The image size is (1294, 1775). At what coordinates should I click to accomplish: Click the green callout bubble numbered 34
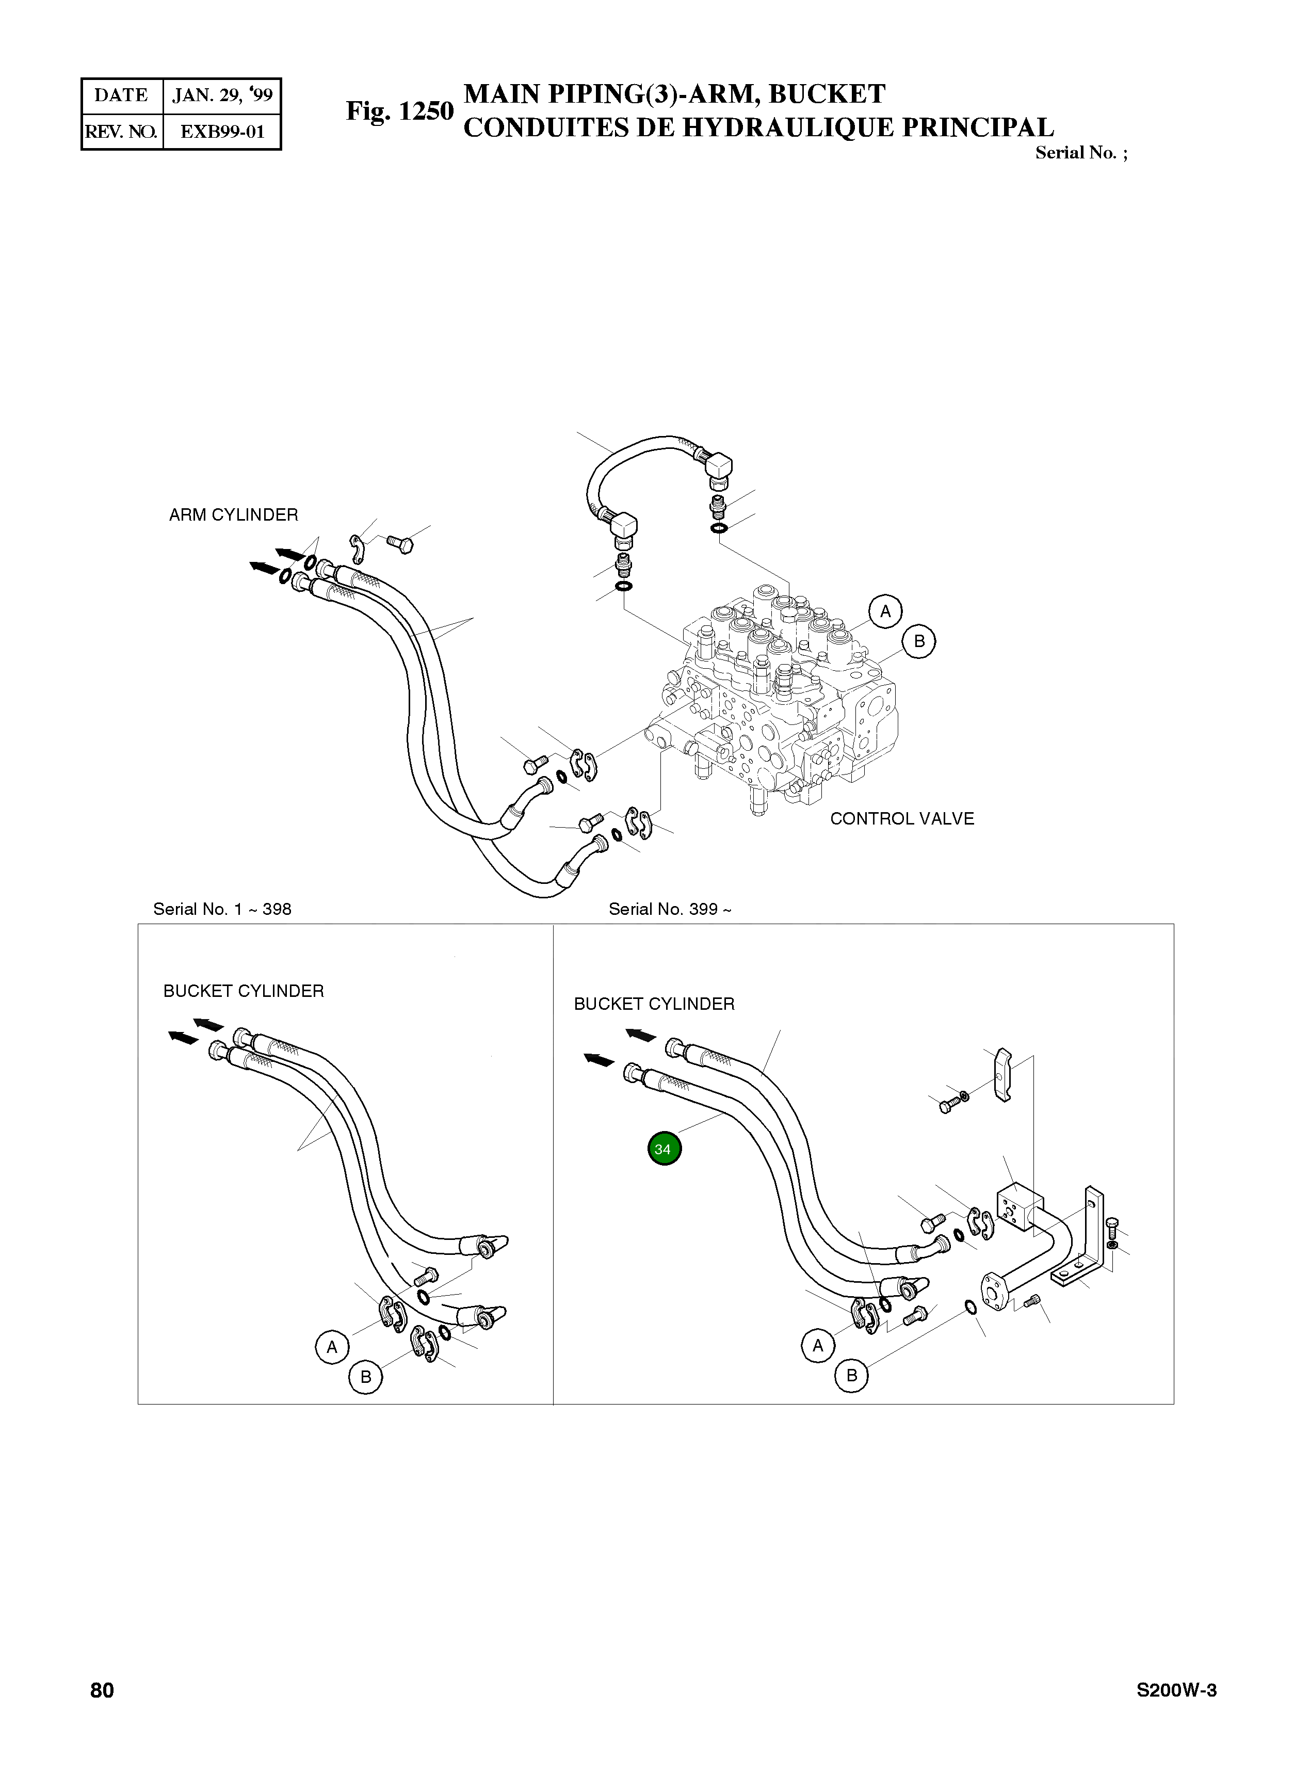coord(664,1149)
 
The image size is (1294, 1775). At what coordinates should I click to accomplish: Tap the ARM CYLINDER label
coord(233,514)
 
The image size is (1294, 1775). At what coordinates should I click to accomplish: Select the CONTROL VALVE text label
coord(901,818)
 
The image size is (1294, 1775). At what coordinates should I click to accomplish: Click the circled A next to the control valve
coord(885,611)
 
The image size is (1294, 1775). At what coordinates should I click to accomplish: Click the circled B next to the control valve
coord(919,641)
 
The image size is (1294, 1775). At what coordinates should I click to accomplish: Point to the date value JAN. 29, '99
coord(222,95)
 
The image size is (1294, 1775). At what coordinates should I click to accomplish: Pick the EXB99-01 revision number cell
coord(222,132)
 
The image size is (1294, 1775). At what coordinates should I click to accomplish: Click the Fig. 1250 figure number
coord(399,111)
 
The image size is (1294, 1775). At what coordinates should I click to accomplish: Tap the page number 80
coord(102,1690)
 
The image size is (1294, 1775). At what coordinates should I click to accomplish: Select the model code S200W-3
coord(1176,1690)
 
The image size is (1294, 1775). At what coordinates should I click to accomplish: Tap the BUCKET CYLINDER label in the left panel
coord(243,991)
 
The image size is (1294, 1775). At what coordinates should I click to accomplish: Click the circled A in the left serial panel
coord(332,1347)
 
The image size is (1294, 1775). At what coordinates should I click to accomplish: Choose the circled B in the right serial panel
coord(851,1376)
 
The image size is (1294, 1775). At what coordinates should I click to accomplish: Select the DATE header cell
coord(121,95)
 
